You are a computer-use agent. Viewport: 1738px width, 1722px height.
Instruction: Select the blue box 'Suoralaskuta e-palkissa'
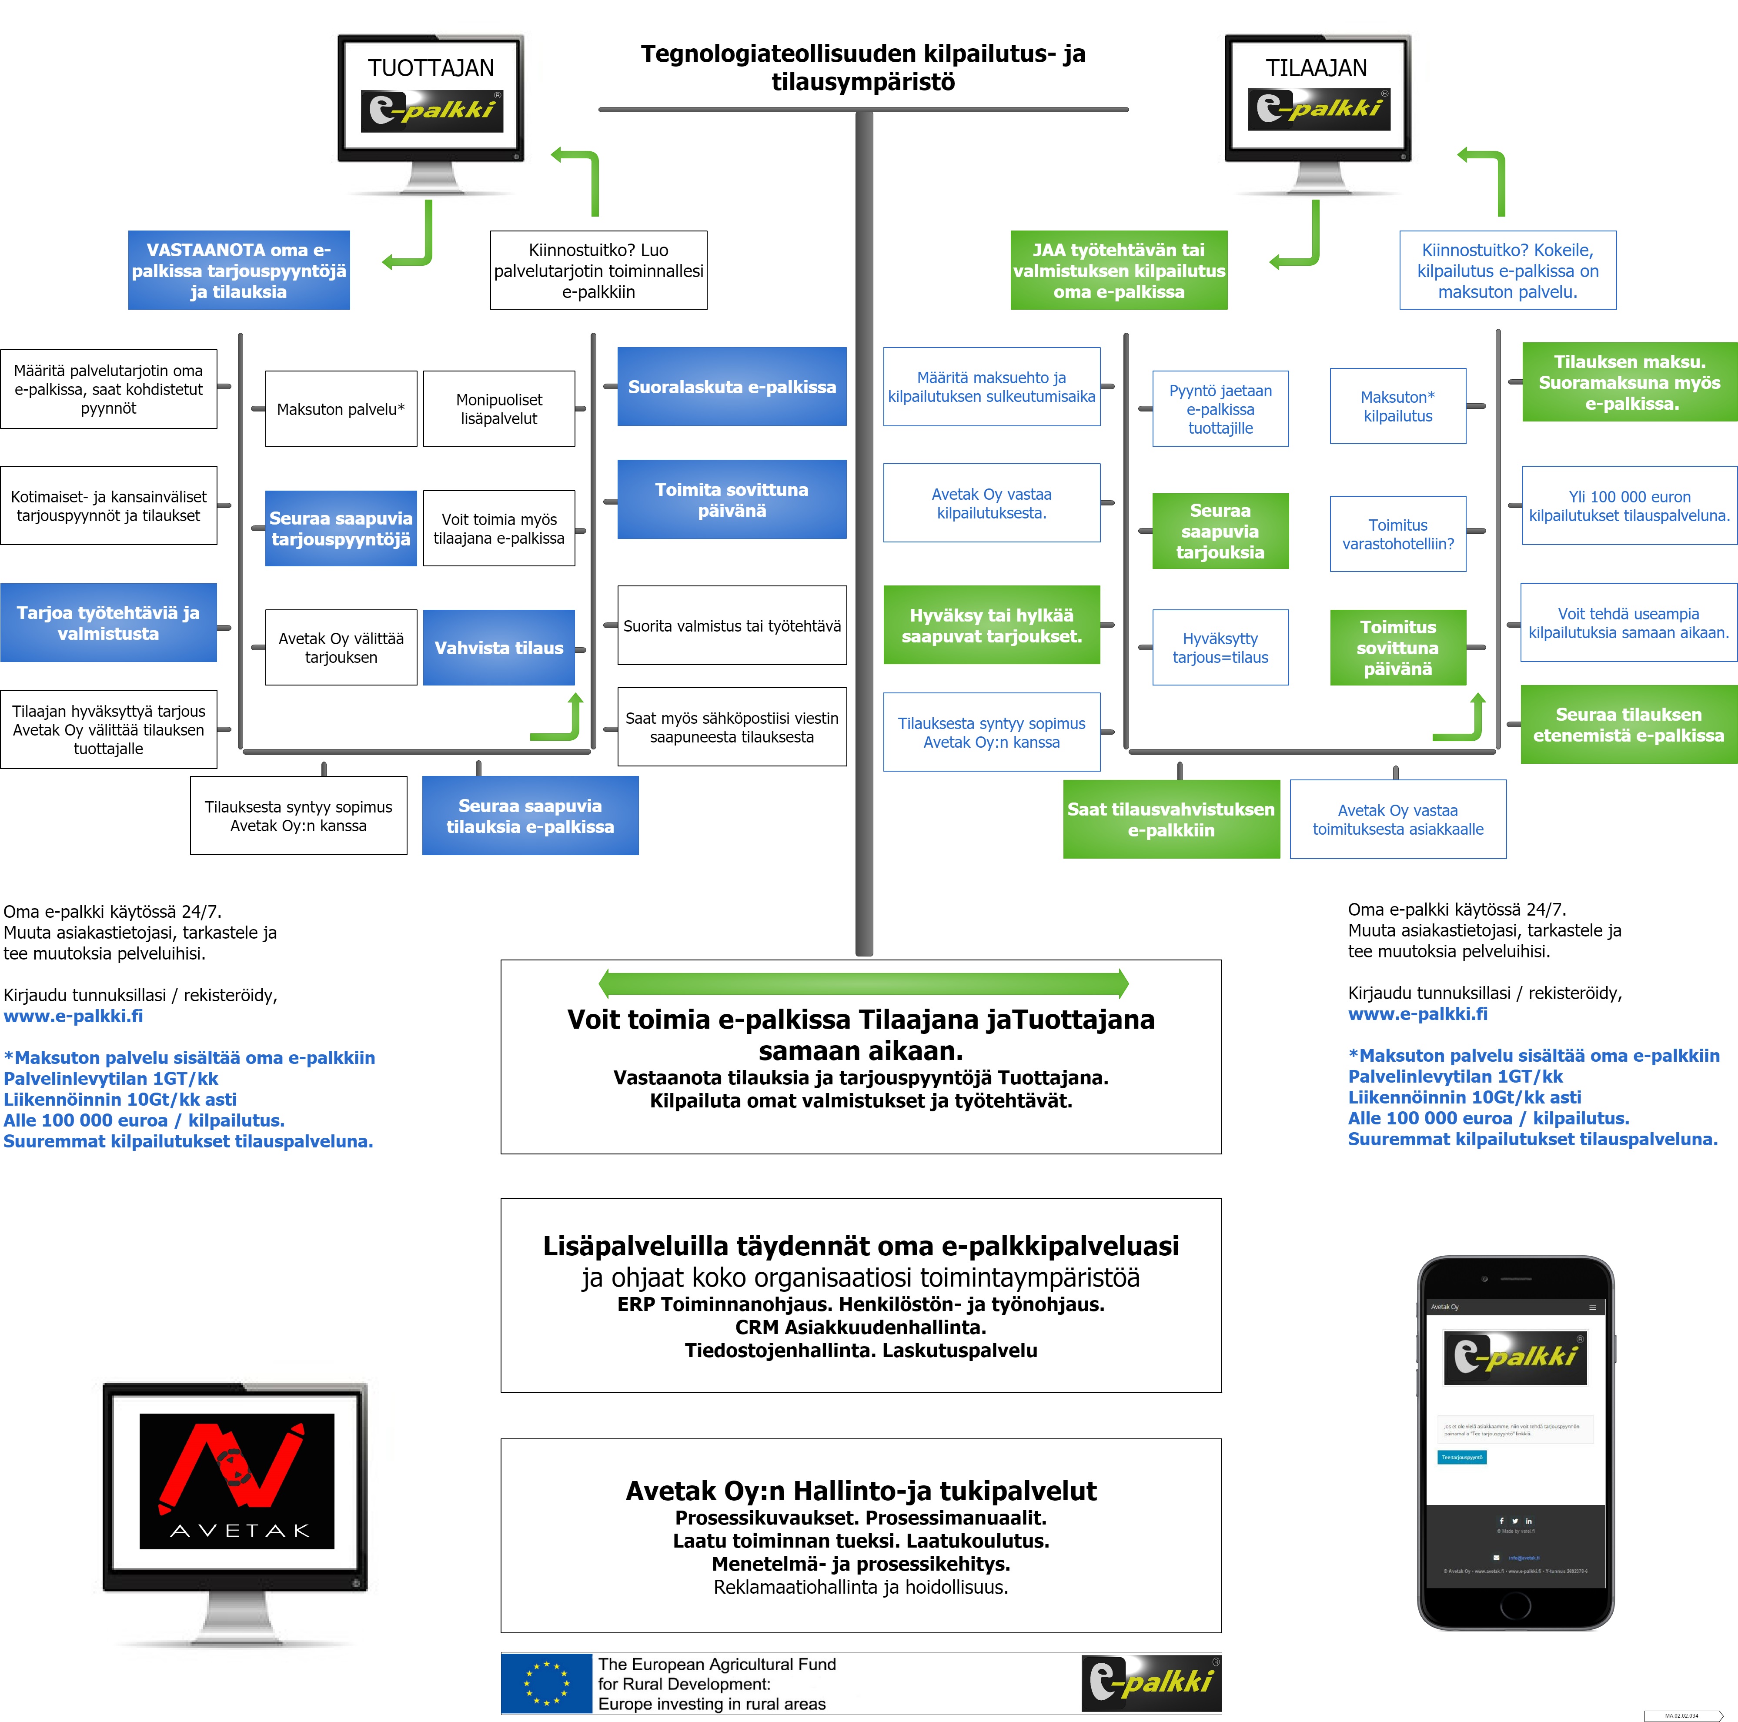(732, 387)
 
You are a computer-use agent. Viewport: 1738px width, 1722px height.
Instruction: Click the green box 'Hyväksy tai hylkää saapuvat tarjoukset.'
(991, 625)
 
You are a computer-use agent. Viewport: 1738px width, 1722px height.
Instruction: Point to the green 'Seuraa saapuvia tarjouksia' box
(1220, 531)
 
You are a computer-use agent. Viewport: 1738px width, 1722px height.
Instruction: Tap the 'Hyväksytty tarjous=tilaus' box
(1220, 648)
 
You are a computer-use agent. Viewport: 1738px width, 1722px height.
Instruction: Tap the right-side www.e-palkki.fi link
(1418, 1014)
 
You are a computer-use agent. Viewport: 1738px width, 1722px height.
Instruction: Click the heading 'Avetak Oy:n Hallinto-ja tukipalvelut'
(861, 1491)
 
